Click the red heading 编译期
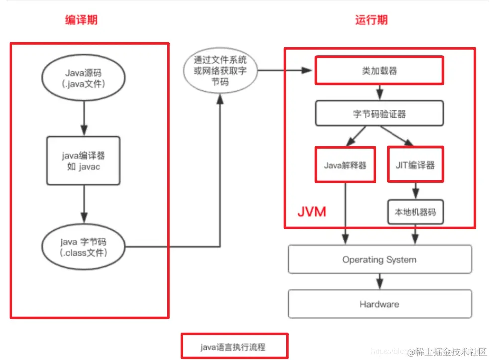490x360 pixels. tap(81, 20)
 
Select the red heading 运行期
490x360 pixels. tap(371, 20)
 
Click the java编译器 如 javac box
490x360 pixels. tap(83, 161)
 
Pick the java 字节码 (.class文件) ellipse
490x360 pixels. tap(83, 247)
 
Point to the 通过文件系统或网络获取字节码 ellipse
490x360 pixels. tap(220, 70)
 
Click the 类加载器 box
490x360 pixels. tap(379, 70)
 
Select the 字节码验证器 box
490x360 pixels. tap(379, 114)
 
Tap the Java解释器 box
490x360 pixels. tap(345, 165)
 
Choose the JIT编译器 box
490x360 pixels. tap(415, 165)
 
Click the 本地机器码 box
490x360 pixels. tap(415, 212)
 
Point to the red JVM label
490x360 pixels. tap(312, 211)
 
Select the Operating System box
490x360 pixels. tap(379, 259)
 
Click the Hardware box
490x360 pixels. tap(379, 304)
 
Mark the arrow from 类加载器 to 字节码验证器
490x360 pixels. tap(380, 92)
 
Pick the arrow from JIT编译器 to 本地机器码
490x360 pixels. tap(415, 191)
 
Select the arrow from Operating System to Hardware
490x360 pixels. tap(380, 281)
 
